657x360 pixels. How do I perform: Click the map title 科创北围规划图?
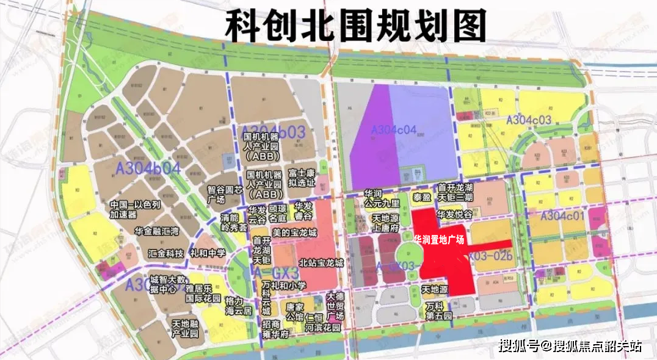(x=356, y=26)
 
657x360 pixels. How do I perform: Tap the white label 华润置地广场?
(x=439, y=239)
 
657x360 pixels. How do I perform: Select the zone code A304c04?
(x=394, y=129)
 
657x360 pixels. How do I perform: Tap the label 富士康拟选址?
(x=302, y=178)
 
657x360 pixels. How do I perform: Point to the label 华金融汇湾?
(x=158, y=232)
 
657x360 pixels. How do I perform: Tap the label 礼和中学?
(x=208, y=253)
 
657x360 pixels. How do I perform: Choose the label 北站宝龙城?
(x=321, y=263)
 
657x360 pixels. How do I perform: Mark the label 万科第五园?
(x=438, y=312)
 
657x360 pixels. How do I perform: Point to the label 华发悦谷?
(x=455, y=215)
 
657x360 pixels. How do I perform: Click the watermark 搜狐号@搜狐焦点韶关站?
(x=570, y=347)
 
